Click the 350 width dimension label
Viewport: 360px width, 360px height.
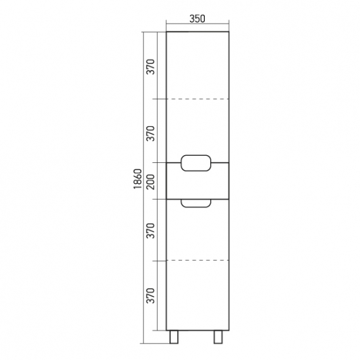click(x=197, y=18)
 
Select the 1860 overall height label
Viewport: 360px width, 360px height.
click(x=138, y=179)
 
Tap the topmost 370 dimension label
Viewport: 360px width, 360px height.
click(x=151, y=67)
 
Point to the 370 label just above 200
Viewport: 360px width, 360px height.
click(x=151, y=134)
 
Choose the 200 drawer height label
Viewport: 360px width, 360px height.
click(x=151, y=182)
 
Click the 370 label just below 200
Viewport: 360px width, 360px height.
click(x=151, y=230)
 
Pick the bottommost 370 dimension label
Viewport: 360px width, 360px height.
click(x=151, y=296)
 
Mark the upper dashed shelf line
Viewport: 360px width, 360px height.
click(x=198, y=99)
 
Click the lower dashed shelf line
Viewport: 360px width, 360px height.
click(x=198, y=260)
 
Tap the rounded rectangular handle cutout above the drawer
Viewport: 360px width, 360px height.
click(x=196, y=155)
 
